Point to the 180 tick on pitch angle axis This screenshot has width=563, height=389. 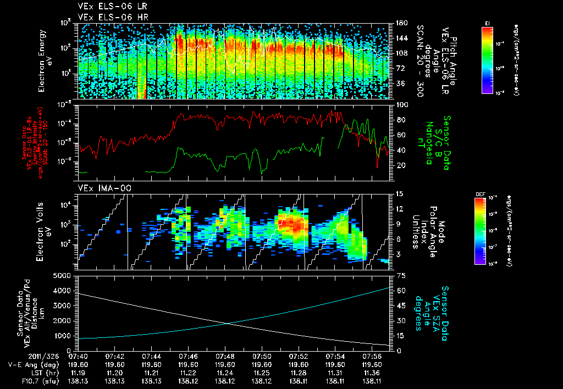tap(397, 23)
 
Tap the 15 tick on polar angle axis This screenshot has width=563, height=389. tap(394, 194)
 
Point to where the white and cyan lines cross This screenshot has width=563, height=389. tap(227, 323)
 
